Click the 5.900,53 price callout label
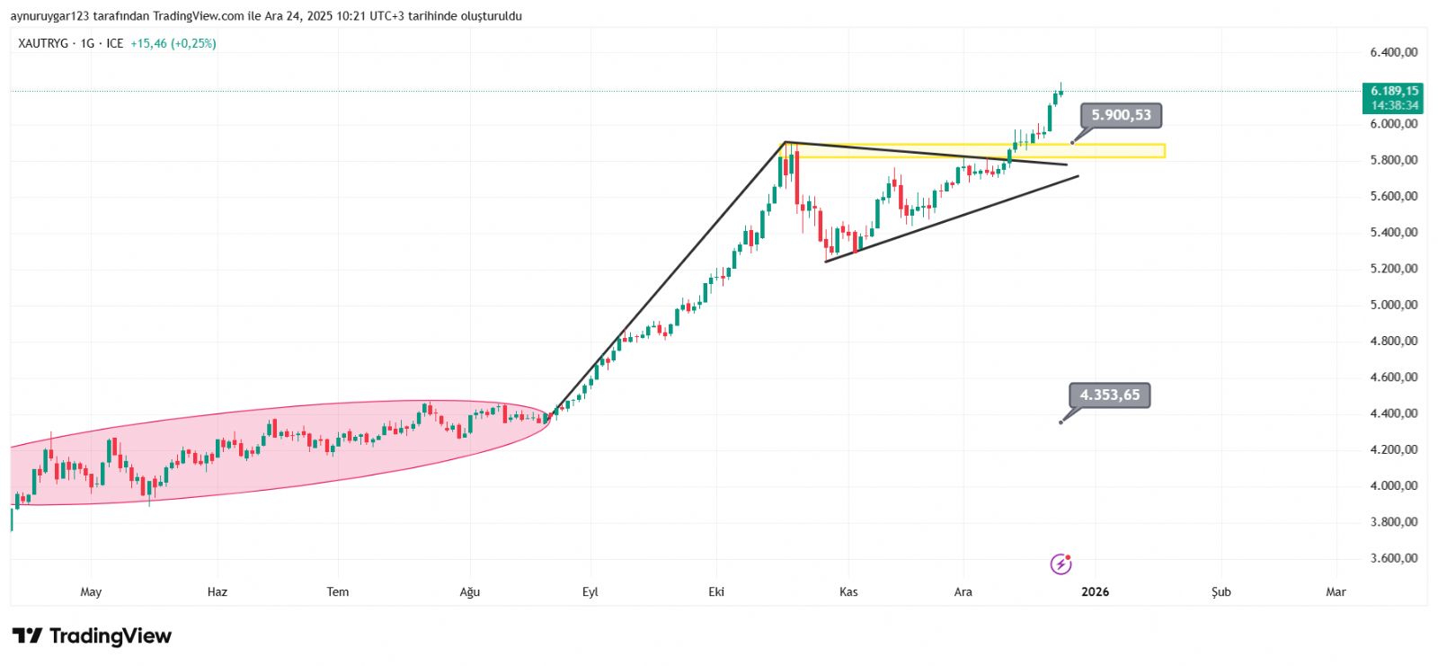1121,115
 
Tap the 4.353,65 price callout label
1109,395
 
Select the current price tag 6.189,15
1394,91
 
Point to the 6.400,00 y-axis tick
1393,52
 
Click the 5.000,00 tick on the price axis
1393,305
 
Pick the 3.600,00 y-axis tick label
1393,558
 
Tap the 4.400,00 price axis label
1393,413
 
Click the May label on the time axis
91,591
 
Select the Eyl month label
590,591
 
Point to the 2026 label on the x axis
1095,591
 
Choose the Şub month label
1221,591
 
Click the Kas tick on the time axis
848,591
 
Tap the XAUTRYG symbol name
43,43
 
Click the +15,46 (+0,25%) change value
173,43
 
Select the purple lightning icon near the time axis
1061,564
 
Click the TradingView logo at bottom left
92,636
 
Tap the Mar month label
1336,591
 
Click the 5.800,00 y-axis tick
1393,160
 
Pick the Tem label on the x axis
337,591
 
